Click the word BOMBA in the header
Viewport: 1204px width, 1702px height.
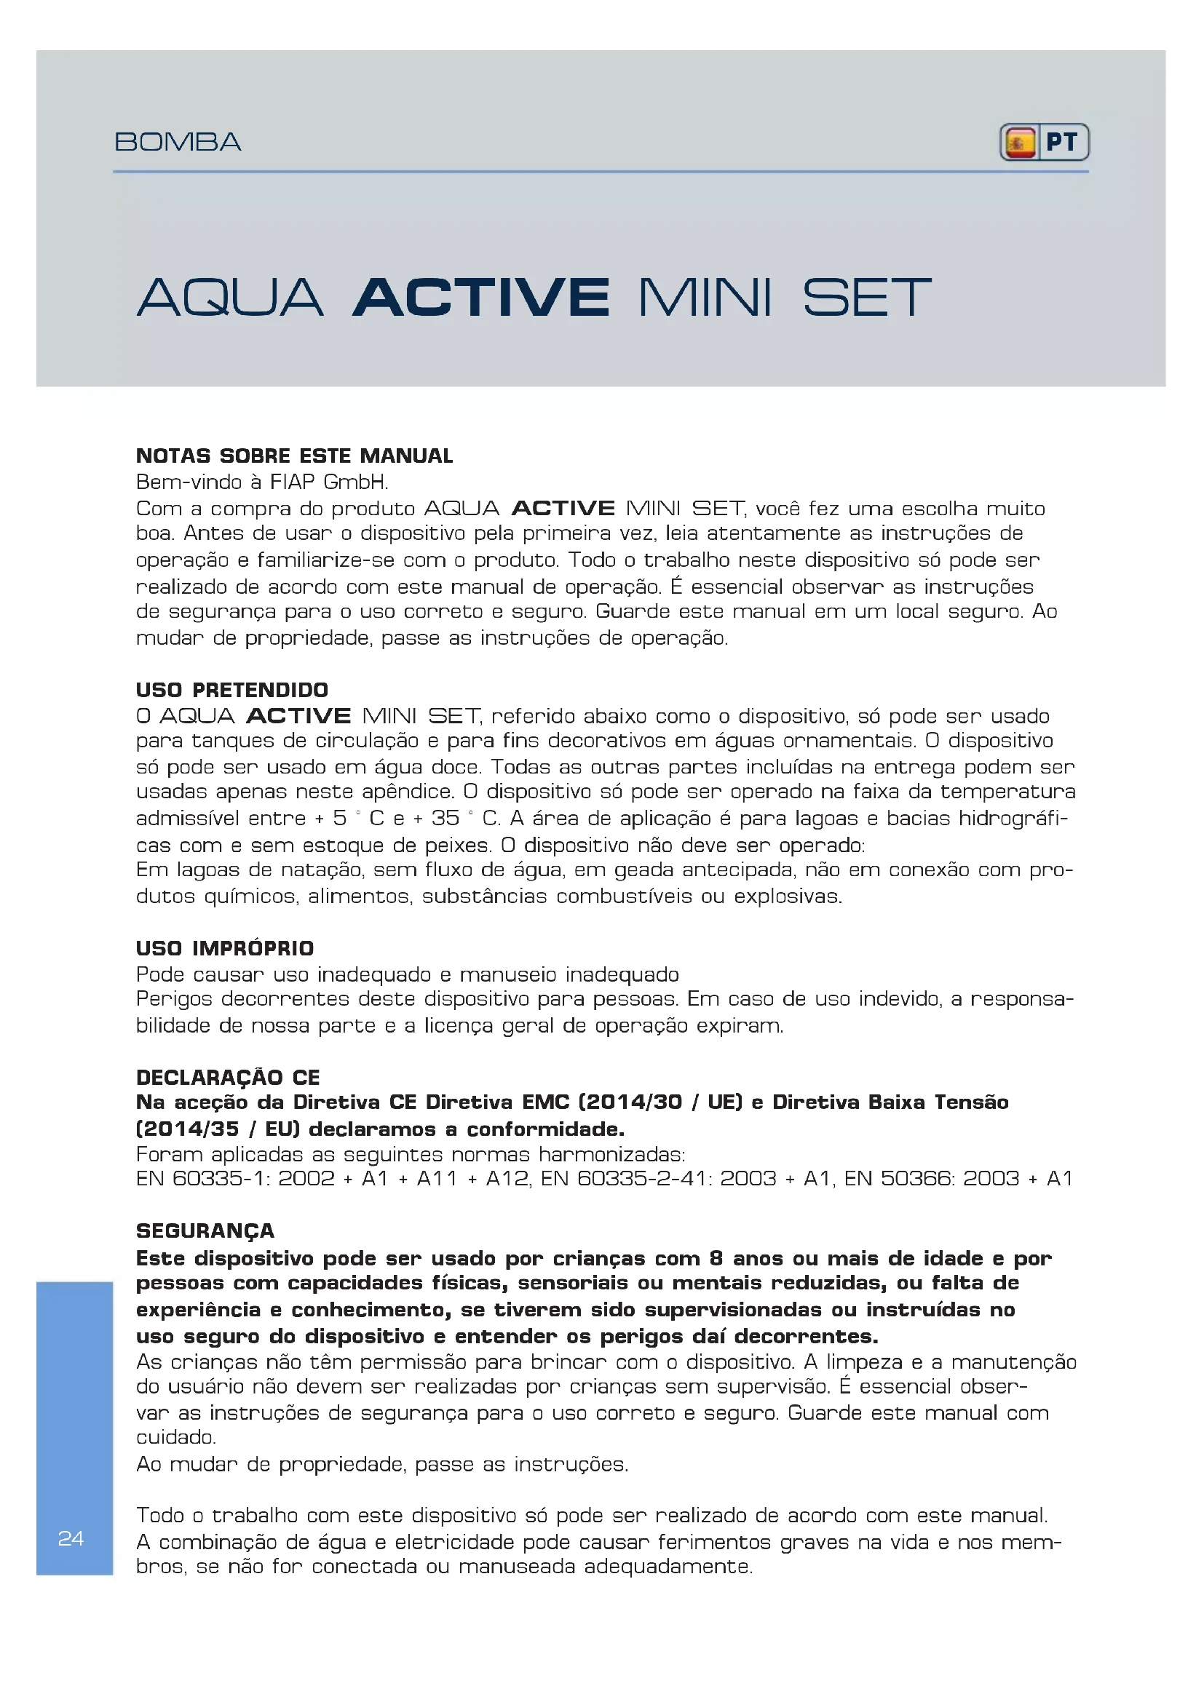point(178,142)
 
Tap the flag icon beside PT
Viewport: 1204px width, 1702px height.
point(1020,143)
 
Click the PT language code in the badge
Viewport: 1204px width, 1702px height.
point(1061,143)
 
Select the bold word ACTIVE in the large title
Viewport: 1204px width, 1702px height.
point(481,298)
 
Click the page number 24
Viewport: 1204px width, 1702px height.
point(71,1538)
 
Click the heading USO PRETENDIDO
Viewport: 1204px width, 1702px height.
point(232,689)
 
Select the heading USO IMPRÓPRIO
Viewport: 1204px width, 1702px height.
point(225,948)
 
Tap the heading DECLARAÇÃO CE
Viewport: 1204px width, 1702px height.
point(228,1077)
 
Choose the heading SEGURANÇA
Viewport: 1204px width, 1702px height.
point(205,1230)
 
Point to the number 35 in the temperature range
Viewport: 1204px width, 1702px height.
point(445,818)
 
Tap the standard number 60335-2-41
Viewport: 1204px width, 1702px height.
point(642,1178)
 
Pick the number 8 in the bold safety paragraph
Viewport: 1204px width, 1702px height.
point(716,1258)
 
